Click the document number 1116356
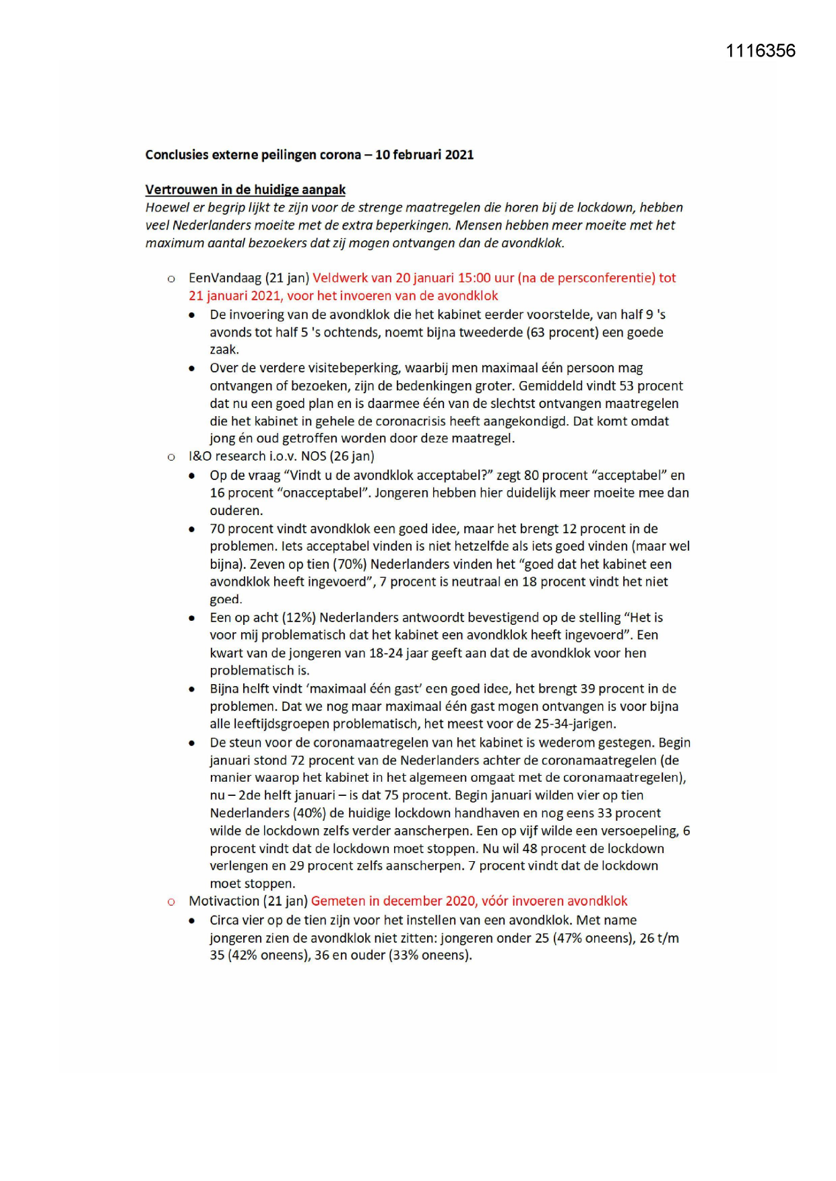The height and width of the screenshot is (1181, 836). coord(760,51)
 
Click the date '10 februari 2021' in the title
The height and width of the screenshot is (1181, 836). coord(424,155)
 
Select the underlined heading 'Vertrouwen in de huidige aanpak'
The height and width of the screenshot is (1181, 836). coord(245,190)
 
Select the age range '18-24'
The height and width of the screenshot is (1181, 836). coord(386,653)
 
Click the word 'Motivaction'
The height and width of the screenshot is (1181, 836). coord(224,902)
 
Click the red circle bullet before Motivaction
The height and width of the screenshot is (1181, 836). coord(171,902)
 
